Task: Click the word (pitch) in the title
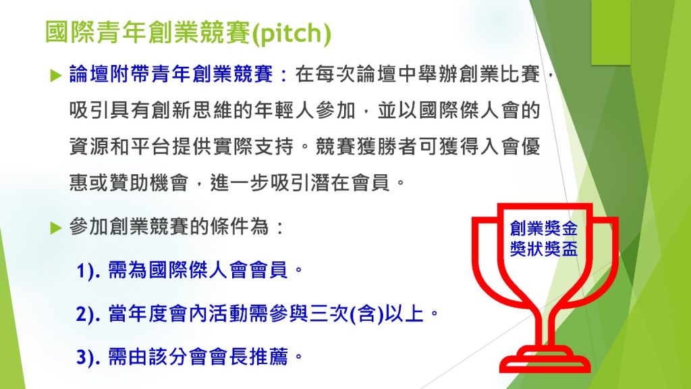[292, 32]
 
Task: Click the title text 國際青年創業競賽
[148, 32]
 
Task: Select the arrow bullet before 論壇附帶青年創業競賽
[56, 75]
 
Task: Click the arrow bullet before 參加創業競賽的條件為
[56, 228]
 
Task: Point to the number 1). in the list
[88, 270]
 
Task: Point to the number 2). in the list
[88, 314]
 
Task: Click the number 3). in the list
[88, 357]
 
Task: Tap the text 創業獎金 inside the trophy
[543, 228]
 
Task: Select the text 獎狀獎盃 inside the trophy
[543, 249]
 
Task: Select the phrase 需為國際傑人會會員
[197, 270]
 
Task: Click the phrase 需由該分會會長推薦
[197, 357]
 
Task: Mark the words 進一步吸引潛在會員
[300, 182]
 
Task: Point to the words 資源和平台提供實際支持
[181, 147]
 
